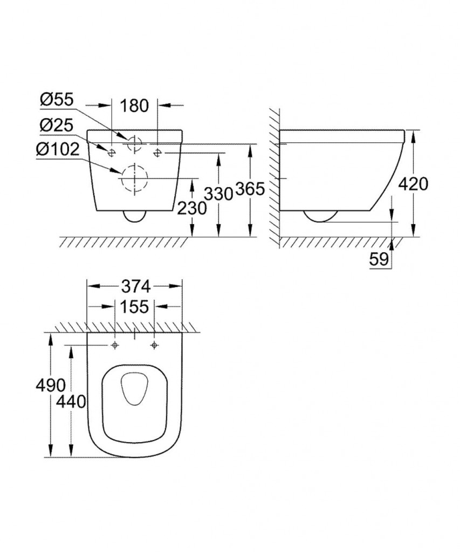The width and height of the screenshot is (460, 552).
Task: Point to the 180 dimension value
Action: pos(134,106)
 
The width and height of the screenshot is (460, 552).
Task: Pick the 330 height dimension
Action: pos(218,192)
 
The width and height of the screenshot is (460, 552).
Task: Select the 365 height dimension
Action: pos(251,189)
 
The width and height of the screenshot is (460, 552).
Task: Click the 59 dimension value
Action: pos(379,260)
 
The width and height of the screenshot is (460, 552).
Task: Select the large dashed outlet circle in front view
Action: pos(133,178)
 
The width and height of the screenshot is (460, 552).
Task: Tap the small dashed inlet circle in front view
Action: pos(134,143)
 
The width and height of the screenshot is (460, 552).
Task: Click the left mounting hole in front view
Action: pos(111,153)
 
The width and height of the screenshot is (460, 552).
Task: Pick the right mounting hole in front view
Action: pos(157,153)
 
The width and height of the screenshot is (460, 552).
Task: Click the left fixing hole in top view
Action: pos(115,344)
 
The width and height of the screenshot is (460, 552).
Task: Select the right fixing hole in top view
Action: pos(154,344)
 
